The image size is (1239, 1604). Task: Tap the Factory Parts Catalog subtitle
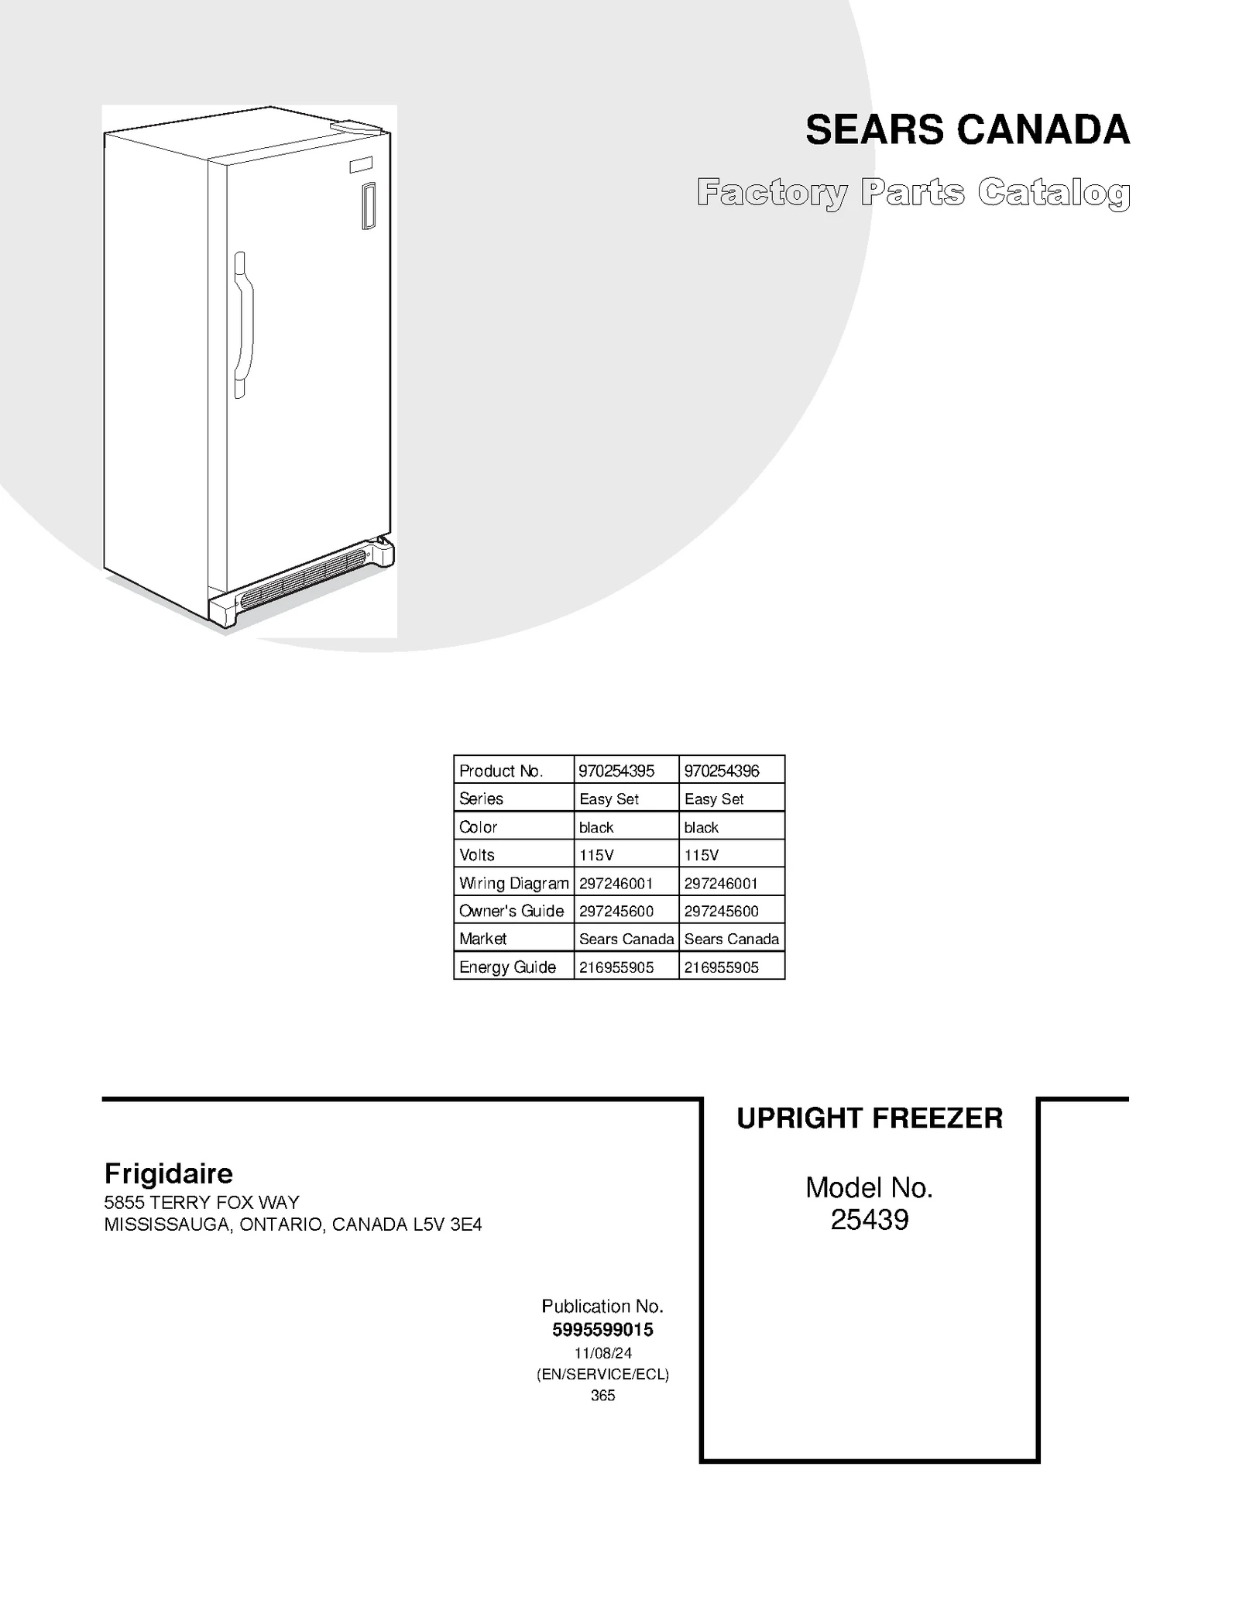click(x=913, y=193)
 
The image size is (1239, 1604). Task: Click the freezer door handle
click(x=242, y=325)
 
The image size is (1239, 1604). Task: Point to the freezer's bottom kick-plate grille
click(x=302, y=578)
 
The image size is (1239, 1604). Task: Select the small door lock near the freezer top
click(x=369, y=206)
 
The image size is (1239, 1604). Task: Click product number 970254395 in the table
click(x=616, y=771)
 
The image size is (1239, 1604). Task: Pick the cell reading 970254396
click(x=722, y=771)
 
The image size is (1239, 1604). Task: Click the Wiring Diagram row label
click(x=513, y=883)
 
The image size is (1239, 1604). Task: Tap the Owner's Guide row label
click(x=511, y=911)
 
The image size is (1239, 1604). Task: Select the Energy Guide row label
click(x=507, y=967)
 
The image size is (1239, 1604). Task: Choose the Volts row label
click(x=477, y=855)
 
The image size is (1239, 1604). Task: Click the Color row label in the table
click(x=478, y=827)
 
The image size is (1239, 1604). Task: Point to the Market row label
click(x=482, y=939)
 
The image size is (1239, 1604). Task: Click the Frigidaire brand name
click(x=168, y=1173)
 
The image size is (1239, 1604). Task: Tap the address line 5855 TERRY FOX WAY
click(x=201, y=1203)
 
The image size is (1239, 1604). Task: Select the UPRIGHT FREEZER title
click(x=869, y=1118)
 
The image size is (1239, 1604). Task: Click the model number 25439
click(x=869, y=1221)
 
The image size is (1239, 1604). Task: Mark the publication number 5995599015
click(x=602, y=1330)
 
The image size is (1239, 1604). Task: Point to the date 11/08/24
click(x=602, y=1353)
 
